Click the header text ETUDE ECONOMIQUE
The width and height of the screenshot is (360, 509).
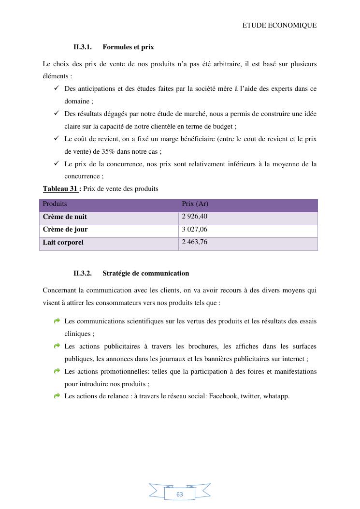[279, 25]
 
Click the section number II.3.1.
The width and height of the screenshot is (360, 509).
[83, 47]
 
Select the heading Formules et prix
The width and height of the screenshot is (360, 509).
[128, 47]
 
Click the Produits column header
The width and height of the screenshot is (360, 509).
[55, 204]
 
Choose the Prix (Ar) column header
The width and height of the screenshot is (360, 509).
[195, 204]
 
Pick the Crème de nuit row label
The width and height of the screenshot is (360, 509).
[65, 217]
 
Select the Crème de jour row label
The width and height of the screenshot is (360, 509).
[65, 230]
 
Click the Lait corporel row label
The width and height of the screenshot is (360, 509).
[63, 242]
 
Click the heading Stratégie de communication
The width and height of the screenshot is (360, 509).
[145, 273]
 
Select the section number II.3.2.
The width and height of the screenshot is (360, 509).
[83, 273]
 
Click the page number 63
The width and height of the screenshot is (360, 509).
[180, 494]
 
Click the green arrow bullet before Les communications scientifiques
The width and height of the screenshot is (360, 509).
[57, 320]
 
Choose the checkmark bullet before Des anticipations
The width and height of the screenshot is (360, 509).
[57, 88]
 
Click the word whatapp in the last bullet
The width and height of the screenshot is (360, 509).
[276, 396]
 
